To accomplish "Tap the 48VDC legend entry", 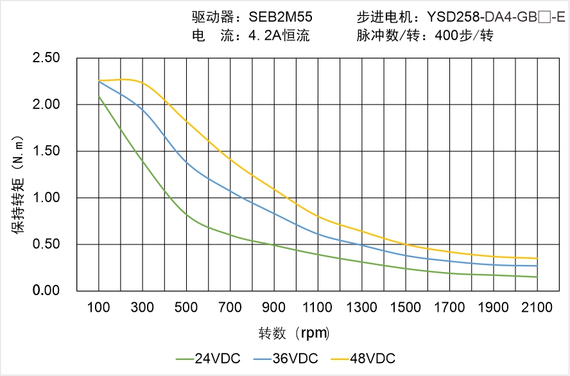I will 363,358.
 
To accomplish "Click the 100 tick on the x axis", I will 99,307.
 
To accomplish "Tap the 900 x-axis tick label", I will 274,307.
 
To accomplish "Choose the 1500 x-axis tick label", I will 406,307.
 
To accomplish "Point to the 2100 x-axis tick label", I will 537,307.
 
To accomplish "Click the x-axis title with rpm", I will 294,333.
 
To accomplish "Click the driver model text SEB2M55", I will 281,18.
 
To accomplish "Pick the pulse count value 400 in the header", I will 447,36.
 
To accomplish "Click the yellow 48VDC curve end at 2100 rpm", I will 537,259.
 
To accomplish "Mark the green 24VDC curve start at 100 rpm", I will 99,96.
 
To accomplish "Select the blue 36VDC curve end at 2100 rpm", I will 537,266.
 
